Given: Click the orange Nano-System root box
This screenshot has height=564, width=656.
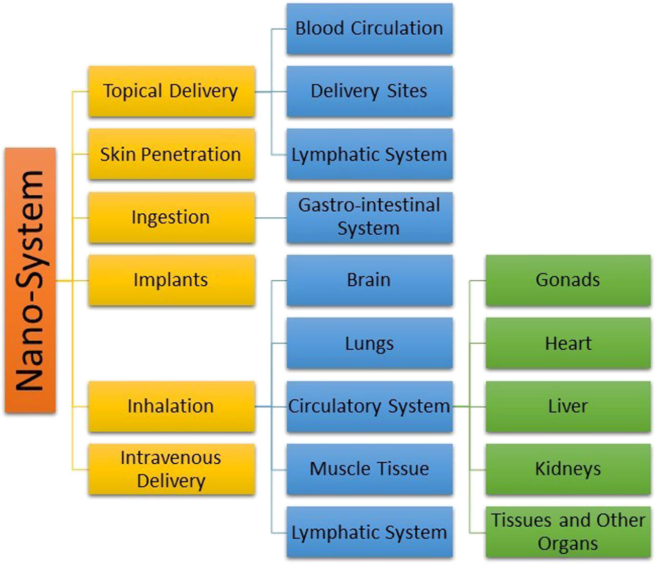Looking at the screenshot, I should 30,280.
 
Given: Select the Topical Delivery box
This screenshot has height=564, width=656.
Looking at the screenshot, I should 171,92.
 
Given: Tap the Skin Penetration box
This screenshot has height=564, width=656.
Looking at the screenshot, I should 171,154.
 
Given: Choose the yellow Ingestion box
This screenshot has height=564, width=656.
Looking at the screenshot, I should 171,217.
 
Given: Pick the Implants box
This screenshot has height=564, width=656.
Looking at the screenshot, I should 171,280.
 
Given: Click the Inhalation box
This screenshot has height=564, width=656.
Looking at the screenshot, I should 171,407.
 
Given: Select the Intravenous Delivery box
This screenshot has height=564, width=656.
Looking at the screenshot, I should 171,469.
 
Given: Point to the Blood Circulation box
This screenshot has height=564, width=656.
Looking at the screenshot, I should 369,29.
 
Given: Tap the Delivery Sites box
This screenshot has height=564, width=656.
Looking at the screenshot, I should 369,92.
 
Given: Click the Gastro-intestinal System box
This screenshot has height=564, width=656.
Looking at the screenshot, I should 369,217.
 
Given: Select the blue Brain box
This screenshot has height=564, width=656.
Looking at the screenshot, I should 369,280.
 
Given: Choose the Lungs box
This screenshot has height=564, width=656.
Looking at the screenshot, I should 369,344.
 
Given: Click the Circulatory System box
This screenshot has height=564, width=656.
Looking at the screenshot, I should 369,407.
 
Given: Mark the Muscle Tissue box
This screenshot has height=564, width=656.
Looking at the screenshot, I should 369,469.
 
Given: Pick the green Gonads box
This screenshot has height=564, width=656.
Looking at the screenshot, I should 568,280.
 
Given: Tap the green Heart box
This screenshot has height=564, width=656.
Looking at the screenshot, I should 568,344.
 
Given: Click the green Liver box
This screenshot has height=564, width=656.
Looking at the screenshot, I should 568,407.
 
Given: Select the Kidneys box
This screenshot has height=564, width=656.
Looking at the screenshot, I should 568,469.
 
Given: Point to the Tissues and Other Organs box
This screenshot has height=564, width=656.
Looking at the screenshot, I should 568,532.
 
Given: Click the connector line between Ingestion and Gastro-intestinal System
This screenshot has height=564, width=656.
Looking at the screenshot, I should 270,218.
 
